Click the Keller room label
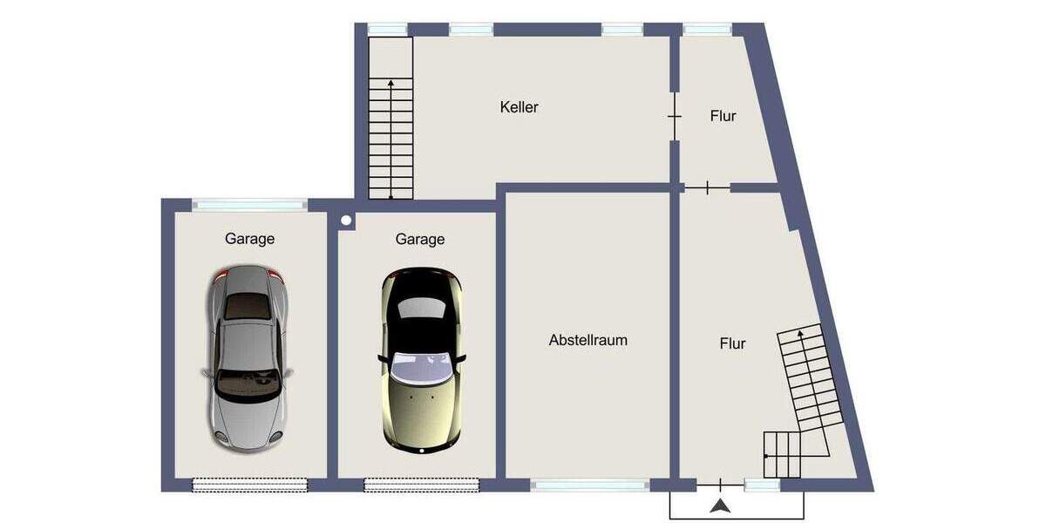point(520,107)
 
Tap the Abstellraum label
point(588,340)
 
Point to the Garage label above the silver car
point(250,238)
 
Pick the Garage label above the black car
point(420,239)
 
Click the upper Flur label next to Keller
point(723,115)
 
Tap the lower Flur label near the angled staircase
point(732,343)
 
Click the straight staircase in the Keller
point(390,118)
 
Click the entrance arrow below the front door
point(720,506)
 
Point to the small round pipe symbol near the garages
point(346,221)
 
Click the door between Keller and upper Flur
point(675,116)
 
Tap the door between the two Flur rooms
point(707,187)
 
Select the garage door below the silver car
point(250,484)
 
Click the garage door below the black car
point(421,484)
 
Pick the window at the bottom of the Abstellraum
point(590,486)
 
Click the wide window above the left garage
point(249,205)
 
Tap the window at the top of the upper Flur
point(707,30)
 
